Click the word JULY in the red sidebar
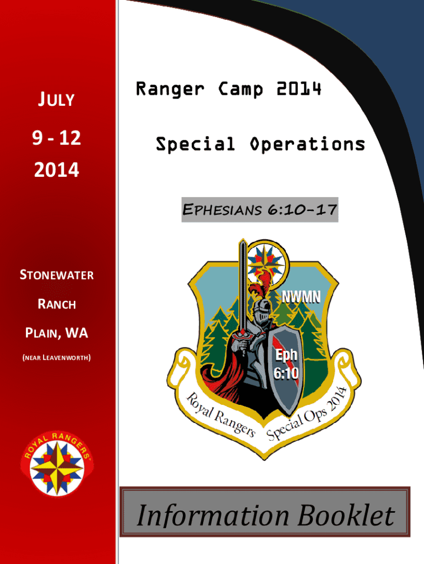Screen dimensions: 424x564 click(57, 99)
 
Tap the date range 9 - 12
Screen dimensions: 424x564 click(57, 138)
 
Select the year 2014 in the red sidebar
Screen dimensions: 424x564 click(57, 170)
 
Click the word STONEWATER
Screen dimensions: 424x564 click(57, 275)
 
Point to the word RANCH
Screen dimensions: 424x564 click(57, 304)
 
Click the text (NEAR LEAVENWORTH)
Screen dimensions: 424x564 click(57, 357)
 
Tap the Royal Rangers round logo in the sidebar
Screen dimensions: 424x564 click(57, 464)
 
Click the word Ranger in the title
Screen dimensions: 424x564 click(170, 89)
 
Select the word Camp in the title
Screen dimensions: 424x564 click(241, 89)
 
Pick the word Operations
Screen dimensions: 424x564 click(307, 145)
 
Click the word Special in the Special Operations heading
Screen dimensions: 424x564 click(195, 145)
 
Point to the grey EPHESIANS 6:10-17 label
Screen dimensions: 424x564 click(260, 210)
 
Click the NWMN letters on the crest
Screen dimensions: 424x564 click(301, 297)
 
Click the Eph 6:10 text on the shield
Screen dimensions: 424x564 click(286, 364)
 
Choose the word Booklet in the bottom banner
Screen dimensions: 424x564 click(346, 515)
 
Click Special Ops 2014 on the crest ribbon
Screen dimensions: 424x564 click(306, 414)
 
